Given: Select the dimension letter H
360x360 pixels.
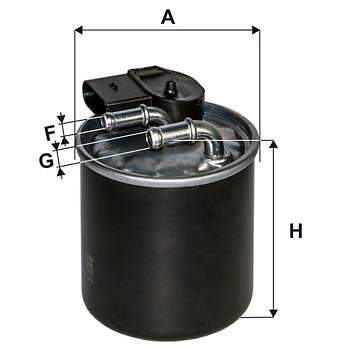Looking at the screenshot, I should click(295, 232).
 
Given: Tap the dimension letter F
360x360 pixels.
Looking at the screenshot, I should click(48, 131).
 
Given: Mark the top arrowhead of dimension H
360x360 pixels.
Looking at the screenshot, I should click(272, 146).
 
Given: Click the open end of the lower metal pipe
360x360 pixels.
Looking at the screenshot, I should click(153, 138).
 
